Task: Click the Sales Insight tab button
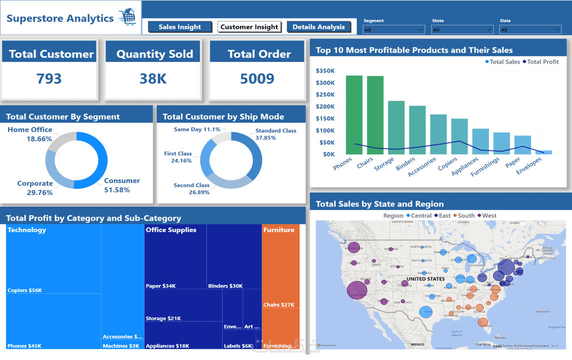[179, 27]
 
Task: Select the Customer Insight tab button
[249, 27]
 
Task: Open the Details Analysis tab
[318, 27]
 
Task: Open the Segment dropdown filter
[393, 30]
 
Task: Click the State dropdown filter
[462, 30]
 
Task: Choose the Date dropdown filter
[530, 30]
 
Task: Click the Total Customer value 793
[49, 78]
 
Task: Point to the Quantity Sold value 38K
[153, 78]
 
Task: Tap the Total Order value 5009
[257, 78]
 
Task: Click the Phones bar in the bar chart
[354, 115]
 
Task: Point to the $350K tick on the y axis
[325, 71]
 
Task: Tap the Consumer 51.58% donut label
[120, 185]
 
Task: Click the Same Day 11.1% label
[197, 129]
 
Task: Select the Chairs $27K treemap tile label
[279, 304]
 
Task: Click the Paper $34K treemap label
[160, 286]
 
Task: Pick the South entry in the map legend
[465, 215]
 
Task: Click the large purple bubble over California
[356, 290]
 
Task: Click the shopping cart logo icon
[127, 17]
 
